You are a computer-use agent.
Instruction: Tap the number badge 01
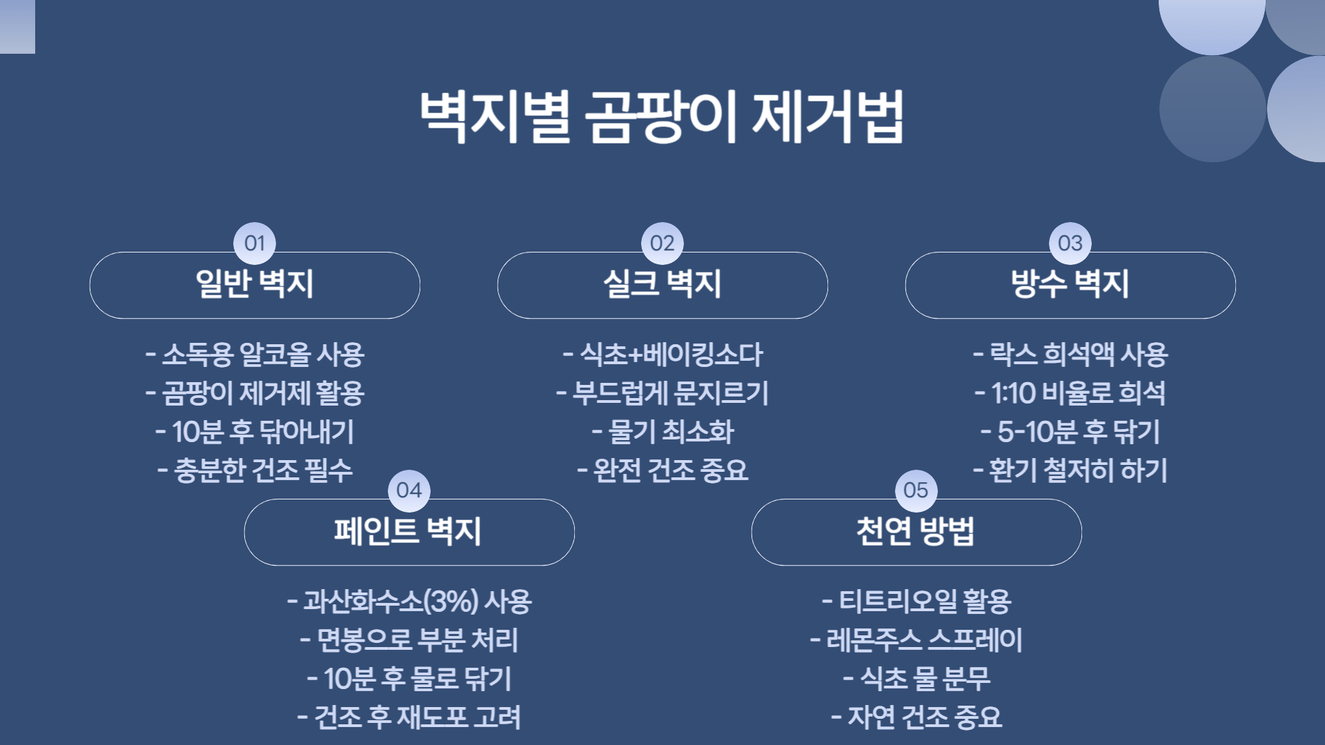[x=255, y=243]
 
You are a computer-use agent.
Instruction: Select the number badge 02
[x=662, y=243]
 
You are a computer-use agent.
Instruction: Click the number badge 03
[x=1070, y=243]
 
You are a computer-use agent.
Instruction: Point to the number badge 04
[x=409, y=490]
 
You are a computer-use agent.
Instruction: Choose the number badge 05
[x=916, y=490]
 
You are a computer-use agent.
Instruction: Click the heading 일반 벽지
[x=255, y=284]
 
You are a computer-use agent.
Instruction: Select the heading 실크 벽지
[x=662, y=284]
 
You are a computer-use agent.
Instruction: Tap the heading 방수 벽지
[x=1070, y=284]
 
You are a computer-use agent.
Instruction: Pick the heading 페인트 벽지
[x=409, y=531]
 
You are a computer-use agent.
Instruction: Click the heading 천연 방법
[x=916, y=531]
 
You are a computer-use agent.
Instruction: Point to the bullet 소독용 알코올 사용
[x=255, y=355]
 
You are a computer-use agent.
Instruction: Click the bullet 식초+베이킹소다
[x=662, y=355]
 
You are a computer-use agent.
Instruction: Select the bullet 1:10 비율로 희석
[x=1070, y=393]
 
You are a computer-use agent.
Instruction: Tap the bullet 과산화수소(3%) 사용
[x=409, y=602]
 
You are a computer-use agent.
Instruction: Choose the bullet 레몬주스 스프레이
[x=916, y=640]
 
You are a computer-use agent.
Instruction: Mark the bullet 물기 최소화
[x=662, y=432]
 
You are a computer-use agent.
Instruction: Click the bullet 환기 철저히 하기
[x=1070, y=470]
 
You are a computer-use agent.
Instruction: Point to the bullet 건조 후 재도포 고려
[x=409, y=717]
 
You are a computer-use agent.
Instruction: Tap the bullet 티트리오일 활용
[x=916, y=602]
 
